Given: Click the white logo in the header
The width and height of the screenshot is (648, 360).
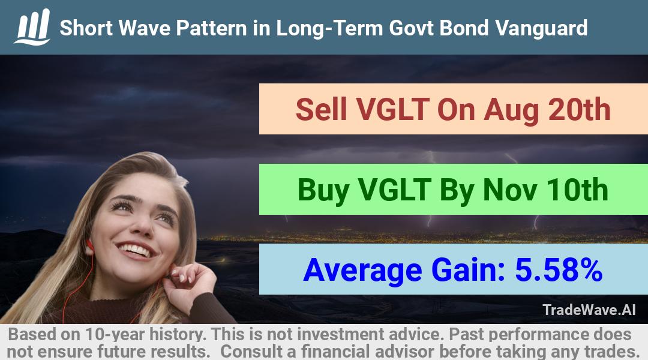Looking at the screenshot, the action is (x=32, y=27).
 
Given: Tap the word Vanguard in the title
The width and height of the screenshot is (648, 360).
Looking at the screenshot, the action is (x=541, y=28).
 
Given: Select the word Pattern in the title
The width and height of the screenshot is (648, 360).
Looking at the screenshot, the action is (x=212, y=28).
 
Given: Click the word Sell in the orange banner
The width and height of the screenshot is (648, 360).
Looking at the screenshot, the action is (x=321, y=110).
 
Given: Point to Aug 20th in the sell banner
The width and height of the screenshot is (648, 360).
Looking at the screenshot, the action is (x=547, y=110).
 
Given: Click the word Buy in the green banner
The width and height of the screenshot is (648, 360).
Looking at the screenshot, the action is (x=323, y=190).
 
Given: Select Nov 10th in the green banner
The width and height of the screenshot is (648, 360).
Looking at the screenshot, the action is (x=545, y=190).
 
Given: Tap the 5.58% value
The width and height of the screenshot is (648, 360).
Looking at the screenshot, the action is (x=559, y=270).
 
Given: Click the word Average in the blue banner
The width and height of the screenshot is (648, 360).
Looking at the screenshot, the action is (x=362, y=271).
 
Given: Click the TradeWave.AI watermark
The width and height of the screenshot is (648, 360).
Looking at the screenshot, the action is (x=589, y=310).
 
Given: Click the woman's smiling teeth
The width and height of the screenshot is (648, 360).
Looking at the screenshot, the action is (x=135, y=249).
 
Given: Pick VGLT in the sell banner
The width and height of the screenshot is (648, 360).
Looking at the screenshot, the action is (x=392, y=110).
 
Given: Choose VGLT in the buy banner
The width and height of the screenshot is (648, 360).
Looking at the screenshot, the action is (x=395, y=190).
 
